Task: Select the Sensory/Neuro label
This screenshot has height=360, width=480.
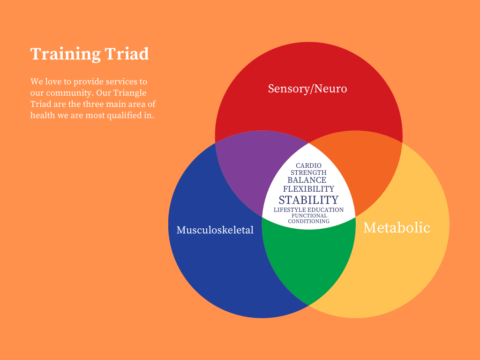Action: (x=307, y=88)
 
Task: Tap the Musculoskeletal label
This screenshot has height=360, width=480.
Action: (x=215, y=230)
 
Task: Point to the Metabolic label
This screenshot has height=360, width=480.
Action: (x=397, y=227)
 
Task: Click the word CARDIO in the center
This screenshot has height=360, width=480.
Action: (x=308, y=166)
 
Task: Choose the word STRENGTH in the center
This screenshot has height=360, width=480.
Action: (x=308, y=172)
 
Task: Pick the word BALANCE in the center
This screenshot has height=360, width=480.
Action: (x=307, y=180)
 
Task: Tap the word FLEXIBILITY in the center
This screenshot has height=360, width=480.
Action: (x=308, y=189)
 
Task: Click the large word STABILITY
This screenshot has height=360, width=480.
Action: (x=308, y=200)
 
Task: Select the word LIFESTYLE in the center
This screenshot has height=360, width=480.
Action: (x=290, y=210)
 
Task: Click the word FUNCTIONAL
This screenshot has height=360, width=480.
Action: (x=308, y=216)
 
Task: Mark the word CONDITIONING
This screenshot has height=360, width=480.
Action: (x=308, y=221)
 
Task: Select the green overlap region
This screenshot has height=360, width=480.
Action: (x=308, y=262)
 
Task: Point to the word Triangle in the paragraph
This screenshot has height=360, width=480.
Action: (x=131, y=93)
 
